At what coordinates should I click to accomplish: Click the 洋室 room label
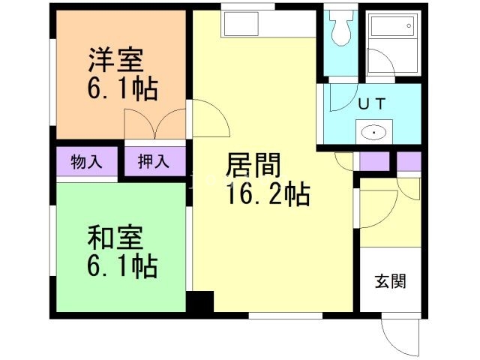tap(117, 59)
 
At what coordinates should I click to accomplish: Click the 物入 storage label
tap(87, 161)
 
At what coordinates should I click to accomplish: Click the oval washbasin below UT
tap(373, 133)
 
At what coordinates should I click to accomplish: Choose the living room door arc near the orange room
tap(208, 118)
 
